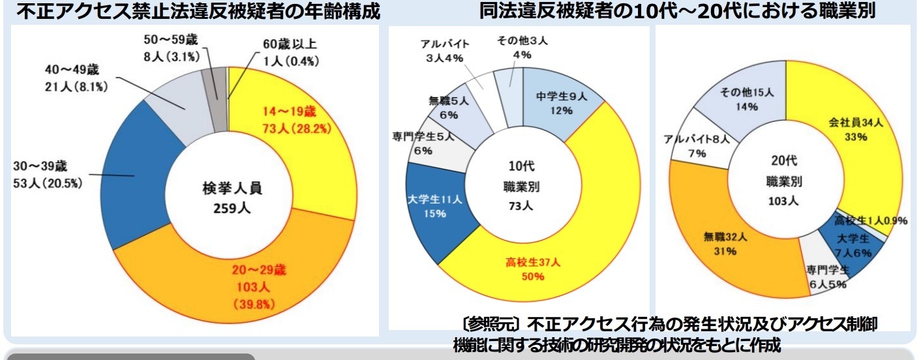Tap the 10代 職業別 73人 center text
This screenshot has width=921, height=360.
click(522, 186)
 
